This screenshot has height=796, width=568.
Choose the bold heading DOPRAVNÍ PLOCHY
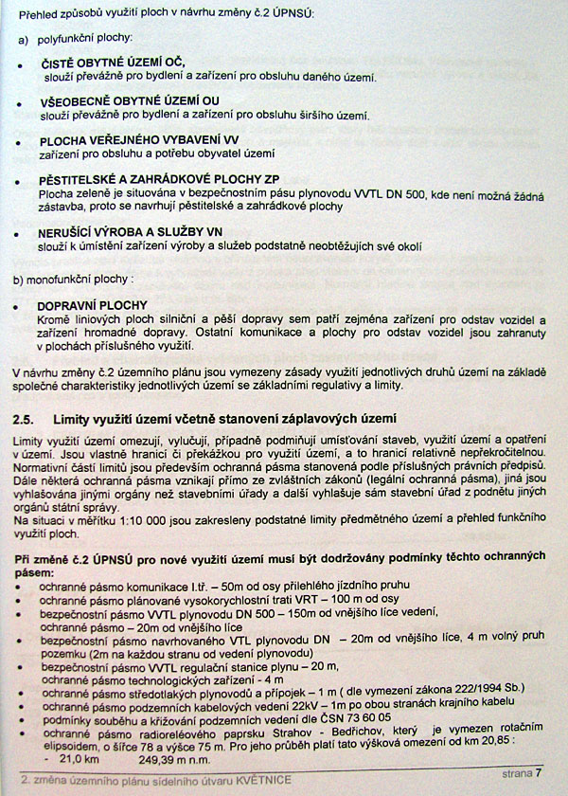(92, 305)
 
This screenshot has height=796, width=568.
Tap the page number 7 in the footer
(539, 774)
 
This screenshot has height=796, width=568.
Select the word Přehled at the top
(40, 14)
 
